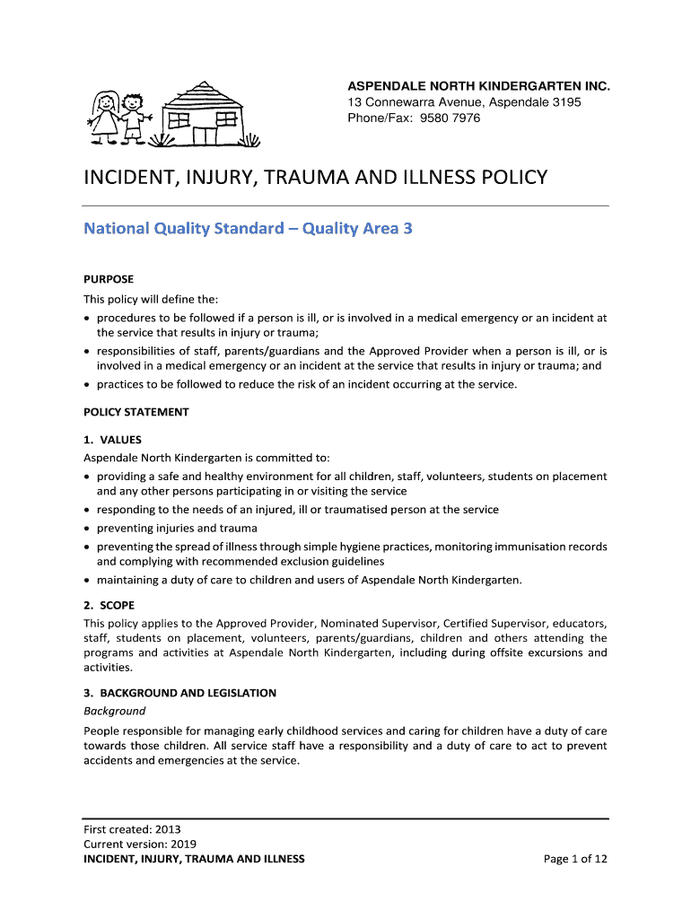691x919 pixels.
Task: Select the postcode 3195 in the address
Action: [565, 102]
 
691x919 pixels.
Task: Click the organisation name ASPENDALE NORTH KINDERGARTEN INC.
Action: [478, 86]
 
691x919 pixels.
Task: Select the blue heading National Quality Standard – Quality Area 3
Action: [248, 229]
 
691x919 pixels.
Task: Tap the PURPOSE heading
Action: [109, 279]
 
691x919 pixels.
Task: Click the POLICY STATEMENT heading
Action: [136, 412]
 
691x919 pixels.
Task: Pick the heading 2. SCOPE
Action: [109, 606]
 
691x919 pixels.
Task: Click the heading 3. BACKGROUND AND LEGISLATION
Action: [179, 693]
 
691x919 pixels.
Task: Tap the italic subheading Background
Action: [114, 711]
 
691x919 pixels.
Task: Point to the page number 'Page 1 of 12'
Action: [575, 859]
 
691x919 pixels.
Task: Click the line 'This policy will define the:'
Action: [151, 299]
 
